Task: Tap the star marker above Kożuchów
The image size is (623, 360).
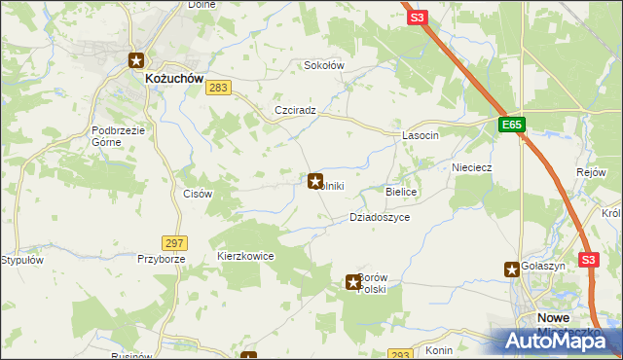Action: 137,59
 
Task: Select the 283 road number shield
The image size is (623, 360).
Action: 219,89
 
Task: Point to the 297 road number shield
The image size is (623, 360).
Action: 175,242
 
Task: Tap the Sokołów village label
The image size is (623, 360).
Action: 325,65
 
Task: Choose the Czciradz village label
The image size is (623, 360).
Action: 296,111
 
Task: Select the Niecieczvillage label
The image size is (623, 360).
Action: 471,167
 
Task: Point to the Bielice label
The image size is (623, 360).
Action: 402,193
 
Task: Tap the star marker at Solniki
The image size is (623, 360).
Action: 315,180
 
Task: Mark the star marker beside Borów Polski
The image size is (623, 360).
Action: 353,282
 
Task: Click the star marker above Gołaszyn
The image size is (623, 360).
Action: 512,269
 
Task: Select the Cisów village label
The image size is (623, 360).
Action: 198,194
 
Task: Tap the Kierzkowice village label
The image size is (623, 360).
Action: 245,256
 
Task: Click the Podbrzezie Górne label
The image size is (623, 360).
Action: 119,135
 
